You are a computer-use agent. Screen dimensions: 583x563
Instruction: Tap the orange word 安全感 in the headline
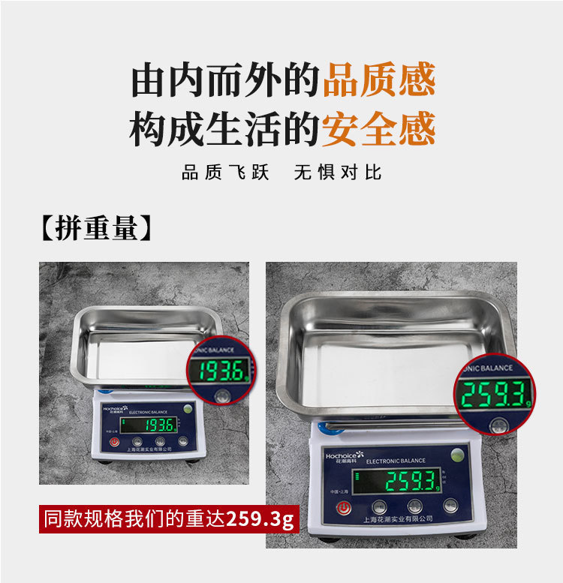point(379,130)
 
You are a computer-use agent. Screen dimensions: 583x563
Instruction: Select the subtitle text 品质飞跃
point(225,173)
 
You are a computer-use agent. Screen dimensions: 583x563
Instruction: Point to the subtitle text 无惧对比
point(338,173)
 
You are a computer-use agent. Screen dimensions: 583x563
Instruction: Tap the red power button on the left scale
point(114,442)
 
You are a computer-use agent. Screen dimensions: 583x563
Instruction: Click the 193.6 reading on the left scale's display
point(159,425)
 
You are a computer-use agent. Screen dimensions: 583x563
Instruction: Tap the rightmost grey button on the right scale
point(450,506)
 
